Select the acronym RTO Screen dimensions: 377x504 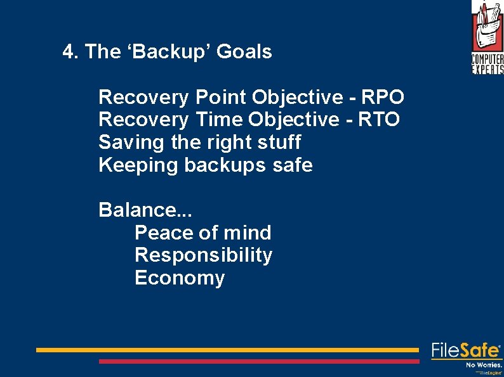378,120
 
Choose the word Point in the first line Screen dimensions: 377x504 220,98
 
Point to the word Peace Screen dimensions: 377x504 161,233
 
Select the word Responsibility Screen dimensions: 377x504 204,256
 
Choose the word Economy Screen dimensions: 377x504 180,279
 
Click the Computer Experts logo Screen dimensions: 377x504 487,37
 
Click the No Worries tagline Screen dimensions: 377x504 484,365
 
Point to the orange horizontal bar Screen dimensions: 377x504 227,350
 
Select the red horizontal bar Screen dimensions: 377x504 259,361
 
